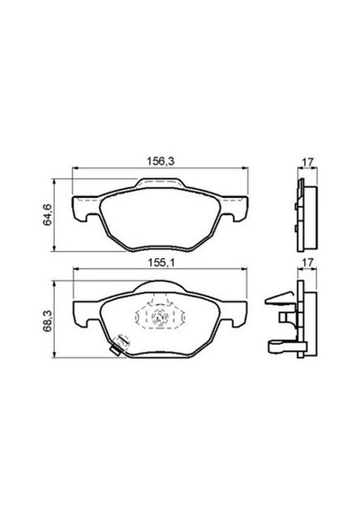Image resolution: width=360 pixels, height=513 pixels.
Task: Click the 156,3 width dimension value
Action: (x=161, y=161)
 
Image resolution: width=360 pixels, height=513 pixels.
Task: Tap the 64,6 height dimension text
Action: (x=48, y=214)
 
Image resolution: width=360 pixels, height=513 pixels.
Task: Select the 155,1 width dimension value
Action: (x=161, y=263)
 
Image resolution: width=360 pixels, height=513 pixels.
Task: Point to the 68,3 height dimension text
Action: (x=47, y=321)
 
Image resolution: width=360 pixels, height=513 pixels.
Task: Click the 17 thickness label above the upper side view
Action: (x=308, y=162)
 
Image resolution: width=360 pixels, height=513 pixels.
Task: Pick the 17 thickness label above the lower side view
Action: (x=308, y=263)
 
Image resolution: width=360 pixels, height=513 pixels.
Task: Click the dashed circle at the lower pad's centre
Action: (x=160, y=317)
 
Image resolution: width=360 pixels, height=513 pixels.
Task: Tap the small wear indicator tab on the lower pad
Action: (x=114, y=351)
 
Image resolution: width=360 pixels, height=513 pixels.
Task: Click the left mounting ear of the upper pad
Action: (x=85, y=208)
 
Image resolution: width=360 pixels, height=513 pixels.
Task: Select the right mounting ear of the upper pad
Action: (x=235, y=208)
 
